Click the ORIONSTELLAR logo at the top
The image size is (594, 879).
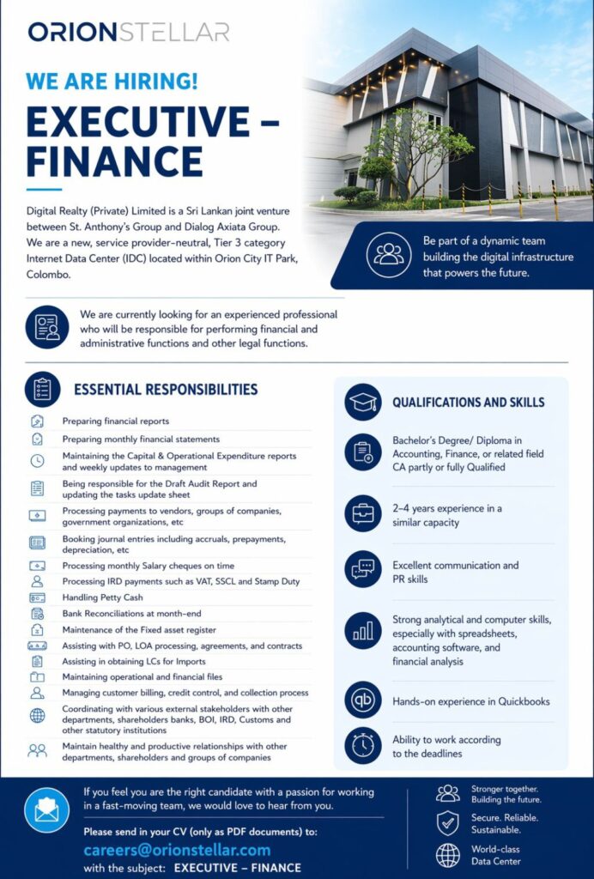coord(129,32)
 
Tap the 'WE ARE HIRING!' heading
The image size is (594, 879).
coord(112,82)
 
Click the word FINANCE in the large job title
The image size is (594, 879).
coord(114,161)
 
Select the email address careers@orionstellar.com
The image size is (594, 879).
coord(177,850)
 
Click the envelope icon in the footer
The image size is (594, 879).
coord(46,810)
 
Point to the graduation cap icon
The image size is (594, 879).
coord(363,402)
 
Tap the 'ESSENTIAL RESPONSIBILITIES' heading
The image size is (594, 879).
coord(166,390)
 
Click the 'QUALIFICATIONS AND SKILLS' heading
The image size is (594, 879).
coord(468,402)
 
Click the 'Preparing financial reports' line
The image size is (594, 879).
coord(116,421)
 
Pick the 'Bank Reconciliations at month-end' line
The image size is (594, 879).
coord(131,614)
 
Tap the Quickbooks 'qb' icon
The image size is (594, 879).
coord(363,700)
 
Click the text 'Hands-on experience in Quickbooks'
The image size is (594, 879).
coord(470,701)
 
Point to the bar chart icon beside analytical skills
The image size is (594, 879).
coord(363,632)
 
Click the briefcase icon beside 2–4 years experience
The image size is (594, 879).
coord(363,514)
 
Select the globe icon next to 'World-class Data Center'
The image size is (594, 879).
coord(448,855)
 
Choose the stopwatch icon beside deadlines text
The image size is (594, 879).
coord(363,745)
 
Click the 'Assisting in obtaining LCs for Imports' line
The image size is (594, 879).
coord(134,661)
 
